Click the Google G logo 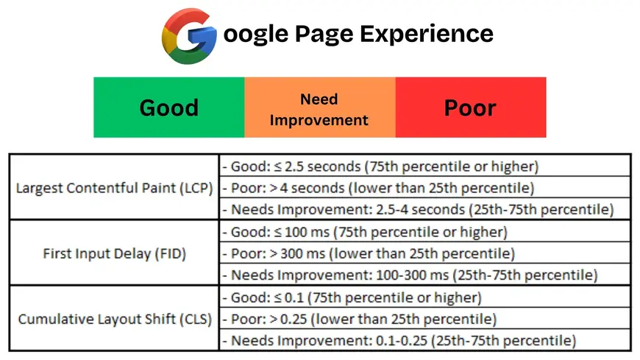click(189, 36)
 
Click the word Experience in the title click(427, 34)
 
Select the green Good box click(169, 107)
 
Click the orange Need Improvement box click(320, 107)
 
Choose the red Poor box click(471, 107)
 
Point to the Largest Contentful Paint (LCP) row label click(114, 188)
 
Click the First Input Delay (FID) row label click(114, 253)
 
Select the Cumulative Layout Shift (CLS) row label click(114, 319)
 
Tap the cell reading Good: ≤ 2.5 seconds click(425, 166)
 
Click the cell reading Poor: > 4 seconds click(425, 188)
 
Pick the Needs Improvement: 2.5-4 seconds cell click(425, 209)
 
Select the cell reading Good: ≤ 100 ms click(425, 232)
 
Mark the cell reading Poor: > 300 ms click(425, 253)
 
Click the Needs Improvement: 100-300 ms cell click(425, 275)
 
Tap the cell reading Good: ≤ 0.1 click(425, 297)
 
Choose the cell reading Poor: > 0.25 click(425, 319)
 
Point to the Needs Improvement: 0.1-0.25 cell click(425, 340)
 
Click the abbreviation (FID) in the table click(170, 254)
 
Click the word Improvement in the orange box click(319, 121)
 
